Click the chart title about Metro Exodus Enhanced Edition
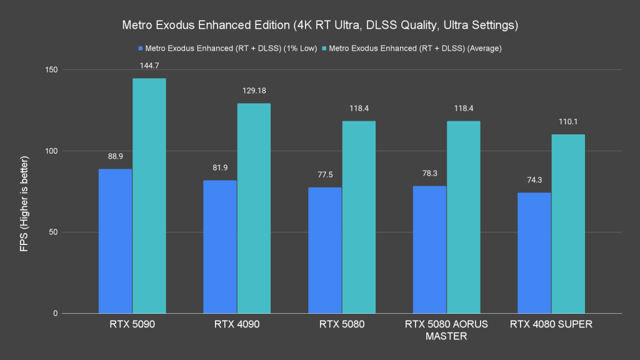pos(320,26)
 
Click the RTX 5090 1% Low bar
pos(116,241)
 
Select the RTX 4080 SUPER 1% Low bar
pos(534,252)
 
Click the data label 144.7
pos(149,65)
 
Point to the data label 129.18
pos(254,91)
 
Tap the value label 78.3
pos(429,173)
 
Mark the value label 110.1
pos(568,121)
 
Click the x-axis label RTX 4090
pos(237,324)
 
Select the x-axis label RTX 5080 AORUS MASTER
pos(446,330)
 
